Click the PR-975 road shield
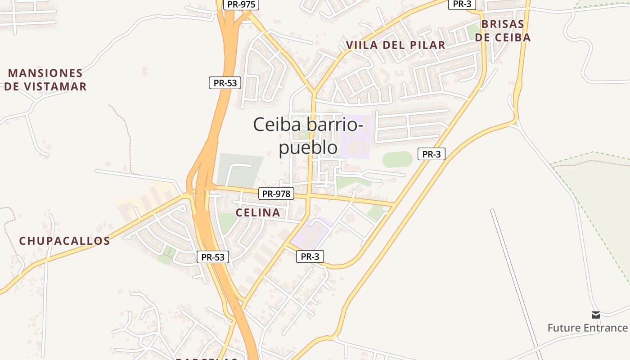[x=241, y=4]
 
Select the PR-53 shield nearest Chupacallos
[x=213, y=257]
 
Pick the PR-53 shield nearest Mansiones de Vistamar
[x=225, y=83]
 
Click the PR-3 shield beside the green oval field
[x=432, y=154]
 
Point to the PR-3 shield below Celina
[x=310, y=256]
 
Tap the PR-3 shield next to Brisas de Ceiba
[x=462, y=4]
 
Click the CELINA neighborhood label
[x=258, y=212]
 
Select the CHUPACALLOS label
[x=64, y=241]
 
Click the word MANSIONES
[x=45, y=73]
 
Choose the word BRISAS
[x=503, y=24]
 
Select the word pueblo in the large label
[x=308, y=148]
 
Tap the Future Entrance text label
[x=587, y=328]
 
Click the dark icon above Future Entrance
[x=596, y=315]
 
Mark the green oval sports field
[x=397, y=159]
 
